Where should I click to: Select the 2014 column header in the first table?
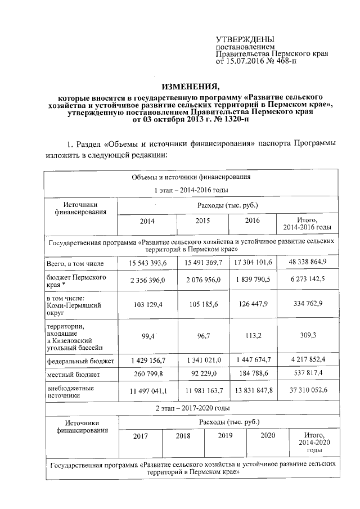144,221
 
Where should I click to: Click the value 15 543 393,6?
144,263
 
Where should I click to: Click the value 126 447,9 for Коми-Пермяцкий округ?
258,304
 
